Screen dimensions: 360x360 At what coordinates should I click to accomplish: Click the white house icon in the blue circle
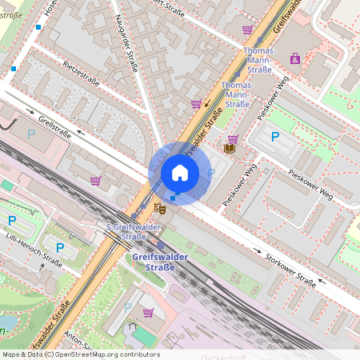click(x=180, y=173)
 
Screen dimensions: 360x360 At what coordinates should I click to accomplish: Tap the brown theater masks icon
click(x=159, y=208)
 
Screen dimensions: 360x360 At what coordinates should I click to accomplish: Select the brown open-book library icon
click(x=230, y=148)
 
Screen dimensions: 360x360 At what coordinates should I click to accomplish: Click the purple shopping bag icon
click(x=295, y=58)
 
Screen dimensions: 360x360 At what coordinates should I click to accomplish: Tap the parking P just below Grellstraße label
click(x=31, y=134)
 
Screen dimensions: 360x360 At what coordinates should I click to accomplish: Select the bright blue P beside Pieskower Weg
click(x=275, y=137)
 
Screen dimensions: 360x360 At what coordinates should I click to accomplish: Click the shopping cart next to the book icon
click(x=233, y=138)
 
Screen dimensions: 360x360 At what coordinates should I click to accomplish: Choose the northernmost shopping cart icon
click(x=247, y=30)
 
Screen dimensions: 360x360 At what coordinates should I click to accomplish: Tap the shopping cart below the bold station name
click(x=148, y=312)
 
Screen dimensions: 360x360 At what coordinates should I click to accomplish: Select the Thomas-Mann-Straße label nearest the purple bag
click(x=258, y=55)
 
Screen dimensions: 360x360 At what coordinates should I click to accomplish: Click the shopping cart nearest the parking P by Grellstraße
click(x=96, y=180)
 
